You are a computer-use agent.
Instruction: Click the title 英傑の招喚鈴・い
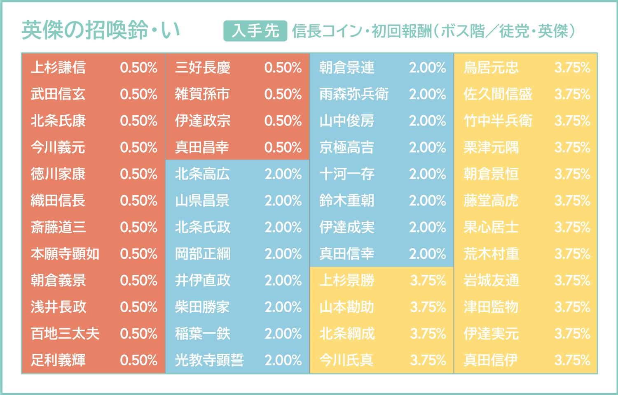click(x=101, y=30)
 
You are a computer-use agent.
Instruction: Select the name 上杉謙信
click(x=58, y=67)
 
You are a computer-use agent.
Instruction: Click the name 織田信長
click(x=58, y=200)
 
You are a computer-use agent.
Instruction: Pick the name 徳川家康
click(x=58, y=174)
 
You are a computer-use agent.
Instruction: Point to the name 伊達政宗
click(x=202, y=121)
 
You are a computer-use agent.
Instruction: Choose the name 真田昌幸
click(x=202, y=147)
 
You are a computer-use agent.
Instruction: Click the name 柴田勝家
click(x=202, y=307)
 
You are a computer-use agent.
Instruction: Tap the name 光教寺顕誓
click(x=209, y=360)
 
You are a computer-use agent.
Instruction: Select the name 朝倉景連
click(x=346, y=67)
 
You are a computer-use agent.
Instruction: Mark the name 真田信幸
click(x=346, y=254)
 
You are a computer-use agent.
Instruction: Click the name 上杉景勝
click(x=346, y=281)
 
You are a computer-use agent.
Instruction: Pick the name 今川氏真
click(x=346, y=360)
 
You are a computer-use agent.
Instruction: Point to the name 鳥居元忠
click(x=491, y=67)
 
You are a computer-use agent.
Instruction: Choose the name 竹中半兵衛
click(x=498, y=121)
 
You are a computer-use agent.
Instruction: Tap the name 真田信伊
click(x=491, y=360)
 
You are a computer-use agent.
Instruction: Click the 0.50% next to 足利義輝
click(x=139, y=360)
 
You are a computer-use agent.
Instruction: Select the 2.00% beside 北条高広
click(x=283, y=174)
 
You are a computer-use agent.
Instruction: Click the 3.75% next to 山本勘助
click(x=428, y=307)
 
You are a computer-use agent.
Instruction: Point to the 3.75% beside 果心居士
click(x=572, y=227)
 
